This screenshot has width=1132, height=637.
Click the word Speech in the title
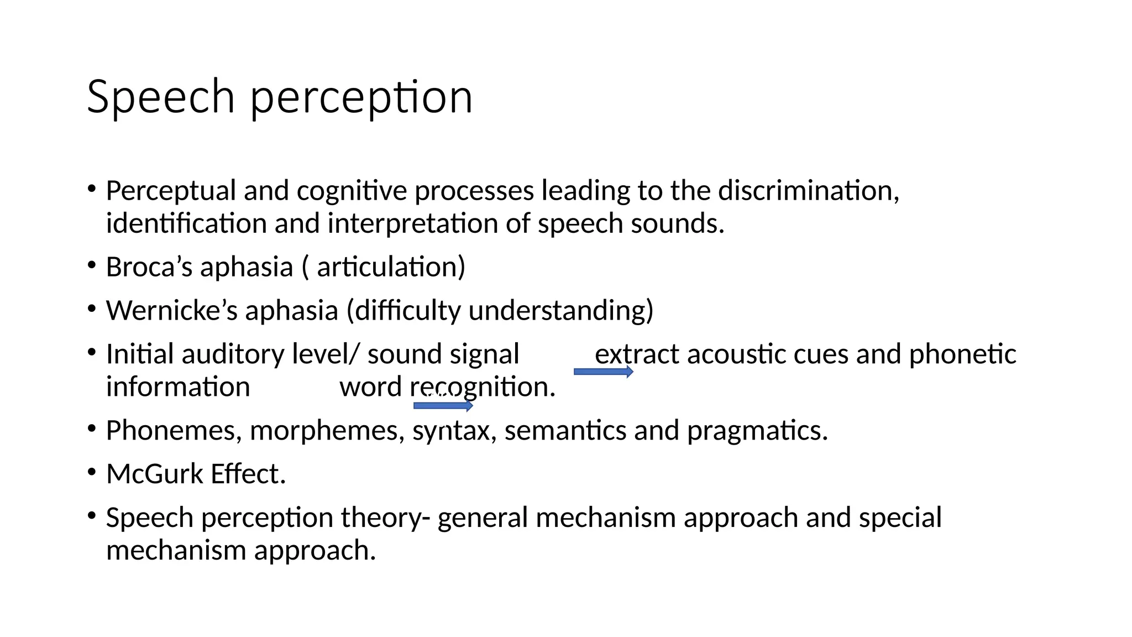(x=161, y=97)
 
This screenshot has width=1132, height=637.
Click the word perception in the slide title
(x=361, y=98)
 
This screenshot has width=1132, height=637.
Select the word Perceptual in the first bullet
(x=171, y=191)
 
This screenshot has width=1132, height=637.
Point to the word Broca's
(x=149, y=267)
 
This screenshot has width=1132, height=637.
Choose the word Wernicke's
(x=171, y=310)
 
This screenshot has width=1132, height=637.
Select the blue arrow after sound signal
(x=603, y=372)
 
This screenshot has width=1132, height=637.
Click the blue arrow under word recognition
(x=443, y=406)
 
